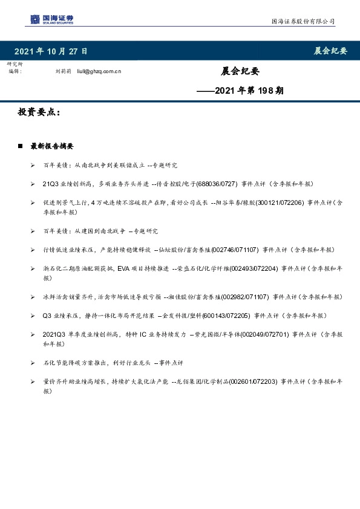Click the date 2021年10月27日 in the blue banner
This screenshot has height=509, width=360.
pos(50,51)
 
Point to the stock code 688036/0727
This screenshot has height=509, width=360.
pos(216,183)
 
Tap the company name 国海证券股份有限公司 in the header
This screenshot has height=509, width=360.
pos(303,21)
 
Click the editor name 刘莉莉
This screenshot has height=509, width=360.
pos(63,71)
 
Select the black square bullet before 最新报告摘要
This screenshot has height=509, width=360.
pos(20,146)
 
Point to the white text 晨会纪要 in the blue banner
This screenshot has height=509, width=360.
pos(330,51)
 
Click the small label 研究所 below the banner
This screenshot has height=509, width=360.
pos(15,64)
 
